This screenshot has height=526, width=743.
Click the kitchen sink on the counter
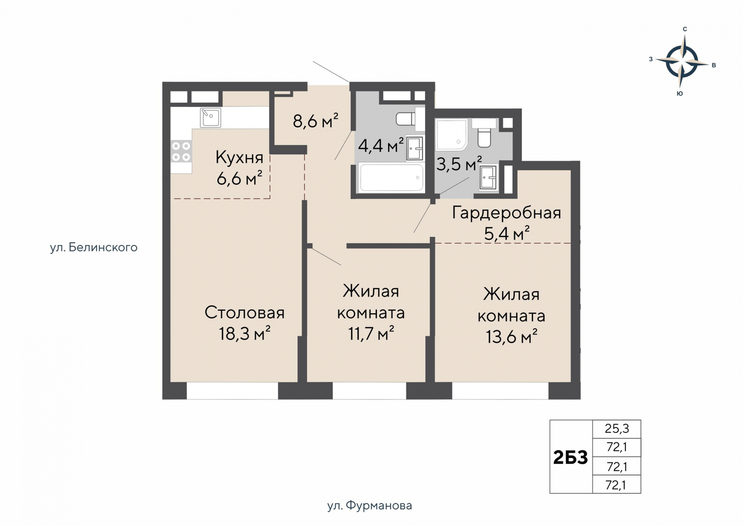(211, 118)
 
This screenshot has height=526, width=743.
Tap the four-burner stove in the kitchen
(181, 152)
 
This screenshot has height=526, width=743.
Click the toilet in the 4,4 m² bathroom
(406, 118)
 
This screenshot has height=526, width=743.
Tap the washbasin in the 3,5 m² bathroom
(488, 178)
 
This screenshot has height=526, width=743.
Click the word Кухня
(239, 157)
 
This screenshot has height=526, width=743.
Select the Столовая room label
(244, 313)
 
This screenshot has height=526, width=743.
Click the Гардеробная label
(506, 213)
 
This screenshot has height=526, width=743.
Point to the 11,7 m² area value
(371, 333)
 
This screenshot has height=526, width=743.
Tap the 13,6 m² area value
(511, 337)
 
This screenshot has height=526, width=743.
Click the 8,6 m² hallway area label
(315, 121)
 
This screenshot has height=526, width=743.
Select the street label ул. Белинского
(94, 248)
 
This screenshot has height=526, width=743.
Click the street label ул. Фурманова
(369, 506)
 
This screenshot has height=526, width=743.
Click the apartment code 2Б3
(570, 458)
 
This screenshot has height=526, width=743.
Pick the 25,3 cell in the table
(616, 429)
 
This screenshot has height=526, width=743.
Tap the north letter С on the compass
(685, 29)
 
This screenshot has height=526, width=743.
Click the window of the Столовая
(232, 391)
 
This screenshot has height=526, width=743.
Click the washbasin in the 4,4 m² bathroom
(414, 148)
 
